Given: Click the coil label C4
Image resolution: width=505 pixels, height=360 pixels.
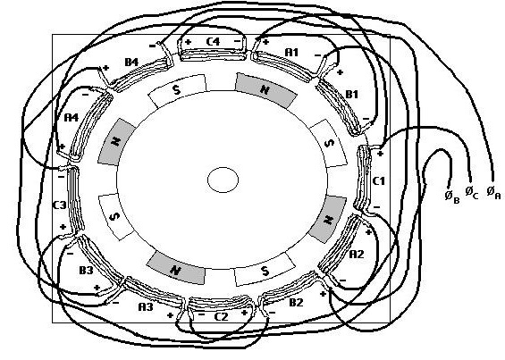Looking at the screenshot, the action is coord(213,41).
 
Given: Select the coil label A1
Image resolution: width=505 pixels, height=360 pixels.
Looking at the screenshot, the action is coord(291,52).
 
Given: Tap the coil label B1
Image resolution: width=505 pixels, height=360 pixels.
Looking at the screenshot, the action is coord(352,95).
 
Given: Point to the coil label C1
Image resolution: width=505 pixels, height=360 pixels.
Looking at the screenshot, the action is coord(378,181).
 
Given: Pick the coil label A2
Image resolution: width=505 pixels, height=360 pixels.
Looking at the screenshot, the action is coord(357,255).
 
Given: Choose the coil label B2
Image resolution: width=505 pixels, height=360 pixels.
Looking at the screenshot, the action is coord(296,303).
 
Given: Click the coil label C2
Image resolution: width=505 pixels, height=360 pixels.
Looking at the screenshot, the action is coord(222,317).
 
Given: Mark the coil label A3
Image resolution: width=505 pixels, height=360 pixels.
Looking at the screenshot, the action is coord(146,307).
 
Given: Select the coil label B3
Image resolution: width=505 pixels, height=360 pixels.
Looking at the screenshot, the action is coord(86,271).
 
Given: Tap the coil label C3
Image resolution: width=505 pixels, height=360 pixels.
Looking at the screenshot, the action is coord(59,205).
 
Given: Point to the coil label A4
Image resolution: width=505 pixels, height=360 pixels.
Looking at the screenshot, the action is coord(72,118).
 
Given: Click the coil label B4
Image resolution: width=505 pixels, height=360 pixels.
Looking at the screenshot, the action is coord(131,62).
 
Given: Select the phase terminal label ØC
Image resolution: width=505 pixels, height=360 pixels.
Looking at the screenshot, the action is coord(472,192).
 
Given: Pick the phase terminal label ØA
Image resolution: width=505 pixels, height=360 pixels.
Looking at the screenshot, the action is coord(493,193).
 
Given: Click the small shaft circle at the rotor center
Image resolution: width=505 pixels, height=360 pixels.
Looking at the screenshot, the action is coord(223,180).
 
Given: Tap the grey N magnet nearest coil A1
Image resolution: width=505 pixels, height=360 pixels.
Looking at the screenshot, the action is coord(265,90).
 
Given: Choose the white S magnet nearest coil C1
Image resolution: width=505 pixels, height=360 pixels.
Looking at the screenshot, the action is coord(329,144).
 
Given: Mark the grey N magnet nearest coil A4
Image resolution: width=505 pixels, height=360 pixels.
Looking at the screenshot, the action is coord(116,142).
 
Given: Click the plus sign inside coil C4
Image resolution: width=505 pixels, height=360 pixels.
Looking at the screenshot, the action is coord(188,41).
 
